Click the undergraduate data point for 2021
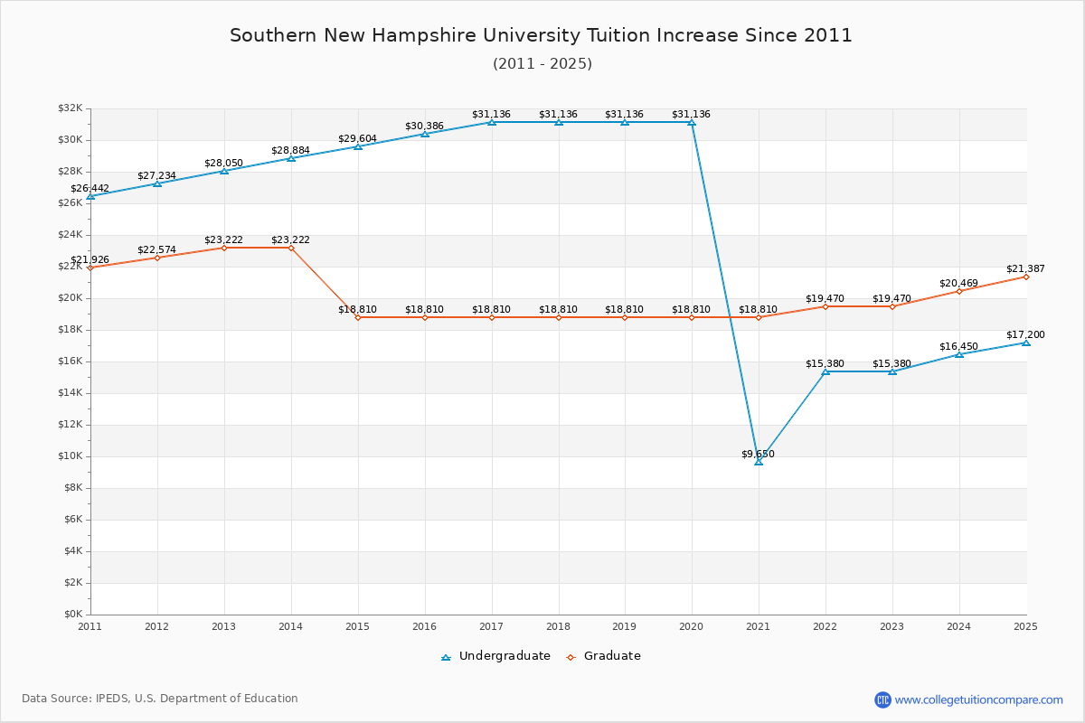click(x=759, y=461)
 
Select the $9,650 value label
click(x=758, y=454)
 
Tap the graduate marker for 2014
click(x=291, y=248)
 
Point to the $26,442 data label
click(x=90, y=189)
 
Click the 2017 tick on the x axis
click(x=491, y=625)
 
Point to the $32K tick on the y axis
click(x=70, y=108)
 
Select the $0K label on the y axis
click(x=71, y=615)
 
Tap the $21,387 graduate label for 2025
click(x=1025, y=268)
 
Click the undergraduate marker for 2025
click(x=1025, y=343)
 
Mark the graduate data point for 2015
click(x=358, y=317)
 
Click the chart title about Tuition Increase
click(x=541, y=35)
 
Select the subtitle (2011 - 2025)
click(x=542, y=64)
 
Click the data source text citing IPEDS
click(x=160, y=699)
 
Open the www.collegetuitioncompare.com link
click(x=978, y=700)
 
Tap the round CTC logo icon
click(x=882, y=700)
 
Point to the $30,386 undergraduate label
click(x=424, y=126)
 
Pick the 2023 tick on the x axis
click(x=892, y=625)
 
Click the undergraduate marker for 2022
click(x=826, y=371)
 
